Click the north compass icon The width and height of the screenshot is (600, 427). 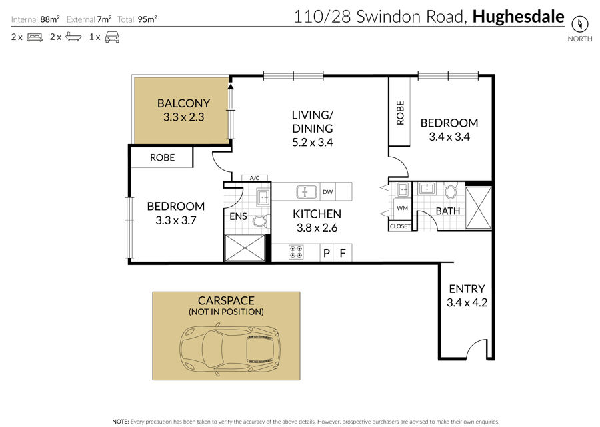(x=579, y=24)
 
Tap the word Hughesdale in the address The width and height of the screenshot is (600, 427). (x=518, y=17)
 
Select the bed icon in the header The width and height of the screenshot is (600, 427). (x=35, y=37)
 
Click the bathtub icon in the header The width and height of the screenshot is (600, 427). (x=73, y=37)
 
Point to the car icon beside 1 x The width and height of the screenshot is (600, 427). (x=112, y=37)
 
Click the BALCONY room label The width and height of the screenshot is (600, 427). (x=184, y=103)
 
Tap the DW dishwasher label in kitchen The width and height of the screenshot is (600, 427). (x=327, y=192)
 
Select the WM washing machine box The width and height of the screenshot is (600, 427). (x=402, y=208)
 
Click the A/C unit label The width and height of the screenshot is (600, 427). (x=255, y=178)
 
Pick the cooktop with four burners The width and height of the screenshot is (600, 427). (x=296, y=252)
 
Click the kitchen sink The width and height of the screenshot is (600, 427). (x=307, y=192)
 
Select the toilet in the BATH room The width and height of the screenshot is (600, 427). (x=451, y=191)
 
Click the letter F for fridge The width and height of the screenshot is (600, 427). (x=343, y=253)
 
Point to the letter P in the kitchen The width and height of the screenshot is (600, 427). (x=327, y=253)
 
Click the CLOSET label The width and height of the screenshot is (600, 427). (x=400, y=226)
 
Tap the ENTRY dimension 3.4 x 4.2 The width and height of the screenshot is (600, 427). (x=467, y=302)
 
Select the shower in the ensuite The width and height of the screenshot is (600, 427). (x=245, y=248)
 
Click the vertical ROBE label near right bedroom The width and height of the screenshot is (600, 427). (x=400, y=113)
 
